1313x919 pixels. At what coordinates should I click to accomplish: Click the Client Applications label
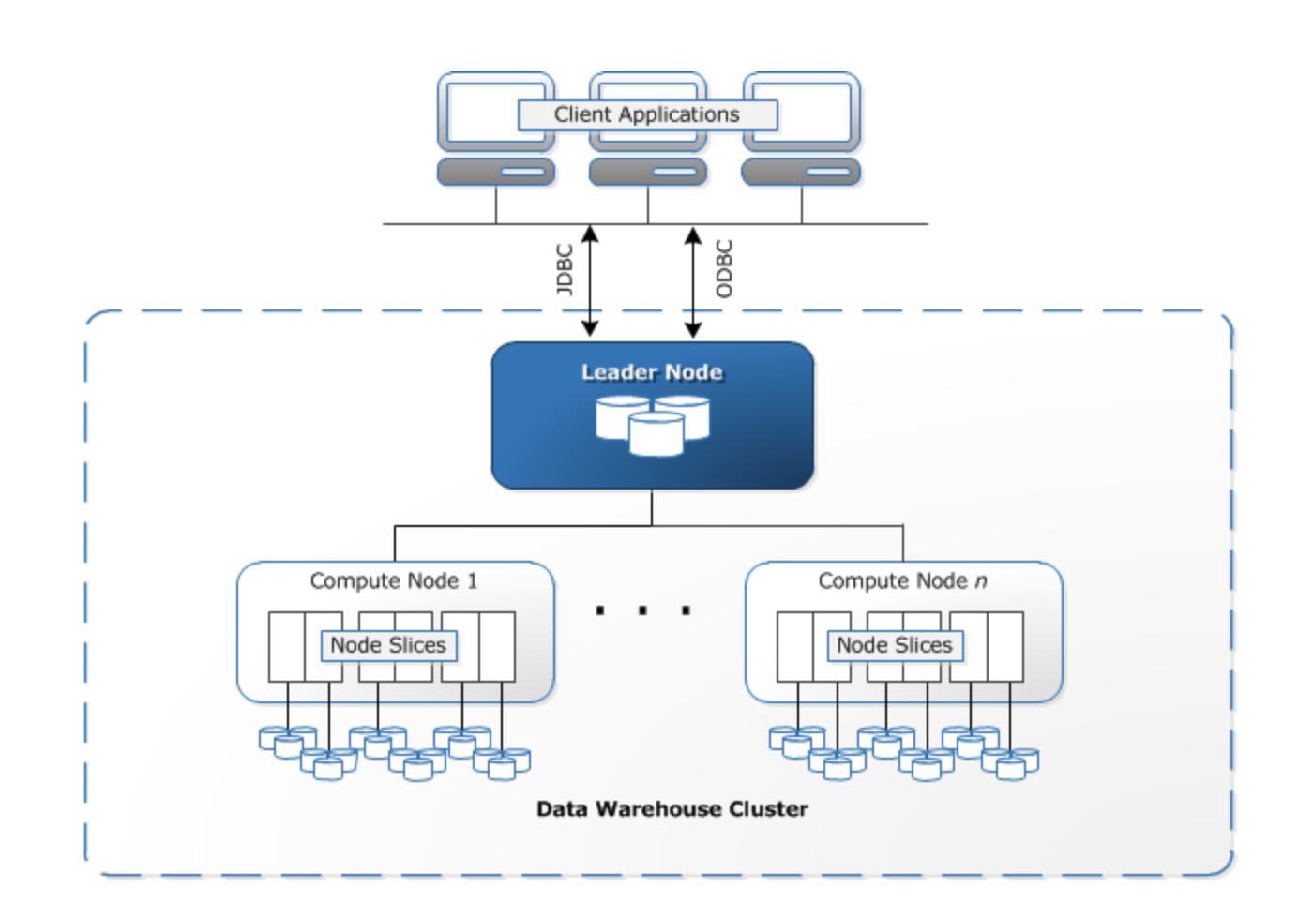[647, 114]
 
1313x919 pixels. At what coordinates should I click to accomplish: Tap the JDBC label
[565, 270]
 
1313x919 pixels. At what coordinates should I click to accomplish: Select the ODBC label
[724, 269]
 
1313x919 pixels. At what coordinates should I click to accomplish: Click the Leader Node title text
[652, 372]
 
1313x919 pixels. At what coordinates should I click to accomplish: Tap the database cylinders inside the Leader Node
[653, 425]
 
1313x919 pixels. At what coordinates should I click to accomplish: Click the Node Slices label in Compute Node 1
[388, 645]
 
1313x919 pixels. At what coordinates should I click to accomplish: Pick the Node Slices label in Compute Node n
[895, 645]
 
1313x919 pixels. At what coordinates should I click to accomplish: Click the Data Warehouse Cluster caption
[672, 809]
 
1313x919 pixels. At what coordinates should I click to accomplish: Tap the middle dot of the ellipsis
[642, 610]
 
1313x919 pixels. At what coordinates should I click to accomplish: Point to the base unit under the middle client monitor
[648, 172]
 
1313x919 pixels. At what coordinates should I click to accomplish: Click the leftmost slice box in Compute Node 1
[286, 647]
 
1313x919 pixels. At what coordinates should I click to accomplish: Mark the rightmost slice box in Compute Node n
[1004, 647]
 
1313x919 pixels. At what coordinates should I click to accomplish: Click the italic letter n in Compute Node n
[981, 582]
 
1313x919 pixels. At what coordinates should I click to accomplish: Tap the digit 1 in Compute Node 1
[473, 581]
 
